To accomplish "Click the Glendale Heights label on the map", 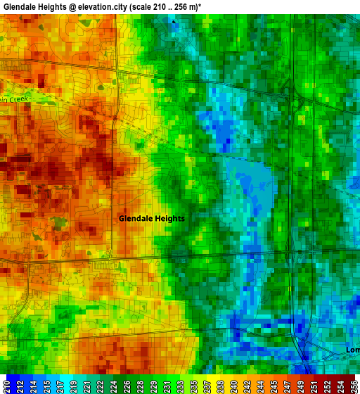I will point(151,218).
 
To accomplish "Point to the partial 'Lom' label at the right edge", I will point(352,350).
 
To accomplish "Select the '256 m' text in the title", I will point(185,6).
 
